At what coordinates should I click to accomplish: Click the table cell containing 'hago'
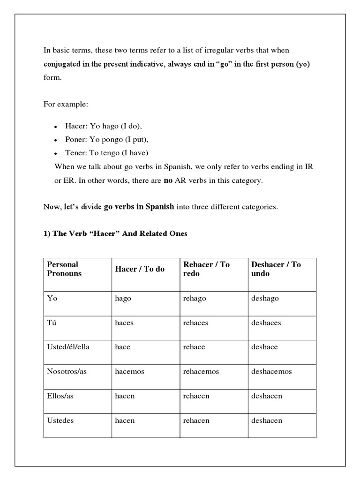click(x=123, y=299)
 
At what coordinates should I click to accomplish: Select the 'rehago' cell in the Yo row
click(x=195, y=299)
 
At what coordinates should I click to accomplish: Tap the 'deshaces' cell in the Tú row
click(x=265, y=323)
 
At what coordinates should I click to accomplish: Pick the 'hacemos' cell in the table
click(x=129, y=371)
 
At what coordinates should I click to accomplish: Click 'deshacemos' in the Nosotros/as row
click(x=271, y=371)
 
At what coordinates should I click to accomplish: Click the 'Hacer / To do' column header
click(x=140, y=269)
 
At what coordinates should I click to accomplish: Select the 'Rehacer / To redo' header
click(x=206, y=269)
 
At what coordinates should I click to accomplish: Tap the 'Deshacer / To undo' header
click(x=276, y=269)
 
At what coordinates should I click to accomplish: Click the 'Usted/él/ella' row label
click(x=67, y=347)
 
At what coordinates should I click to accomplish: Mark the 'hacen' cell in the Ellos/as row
click(x=125, y=396)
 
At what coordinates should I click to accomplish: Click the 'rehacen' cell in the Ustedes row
click(x=196, y=420)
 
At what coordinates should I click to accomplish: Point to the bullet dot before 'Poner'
click(x=55, y=140)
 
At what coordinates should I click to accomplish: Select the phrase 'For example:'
click(x=66, y=104)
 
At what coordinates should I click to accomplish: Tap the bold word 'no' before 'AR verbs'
click(x=168, y=180)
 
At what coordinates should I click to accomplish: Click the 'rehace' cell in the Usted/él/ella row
click(x=193, y=347)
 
